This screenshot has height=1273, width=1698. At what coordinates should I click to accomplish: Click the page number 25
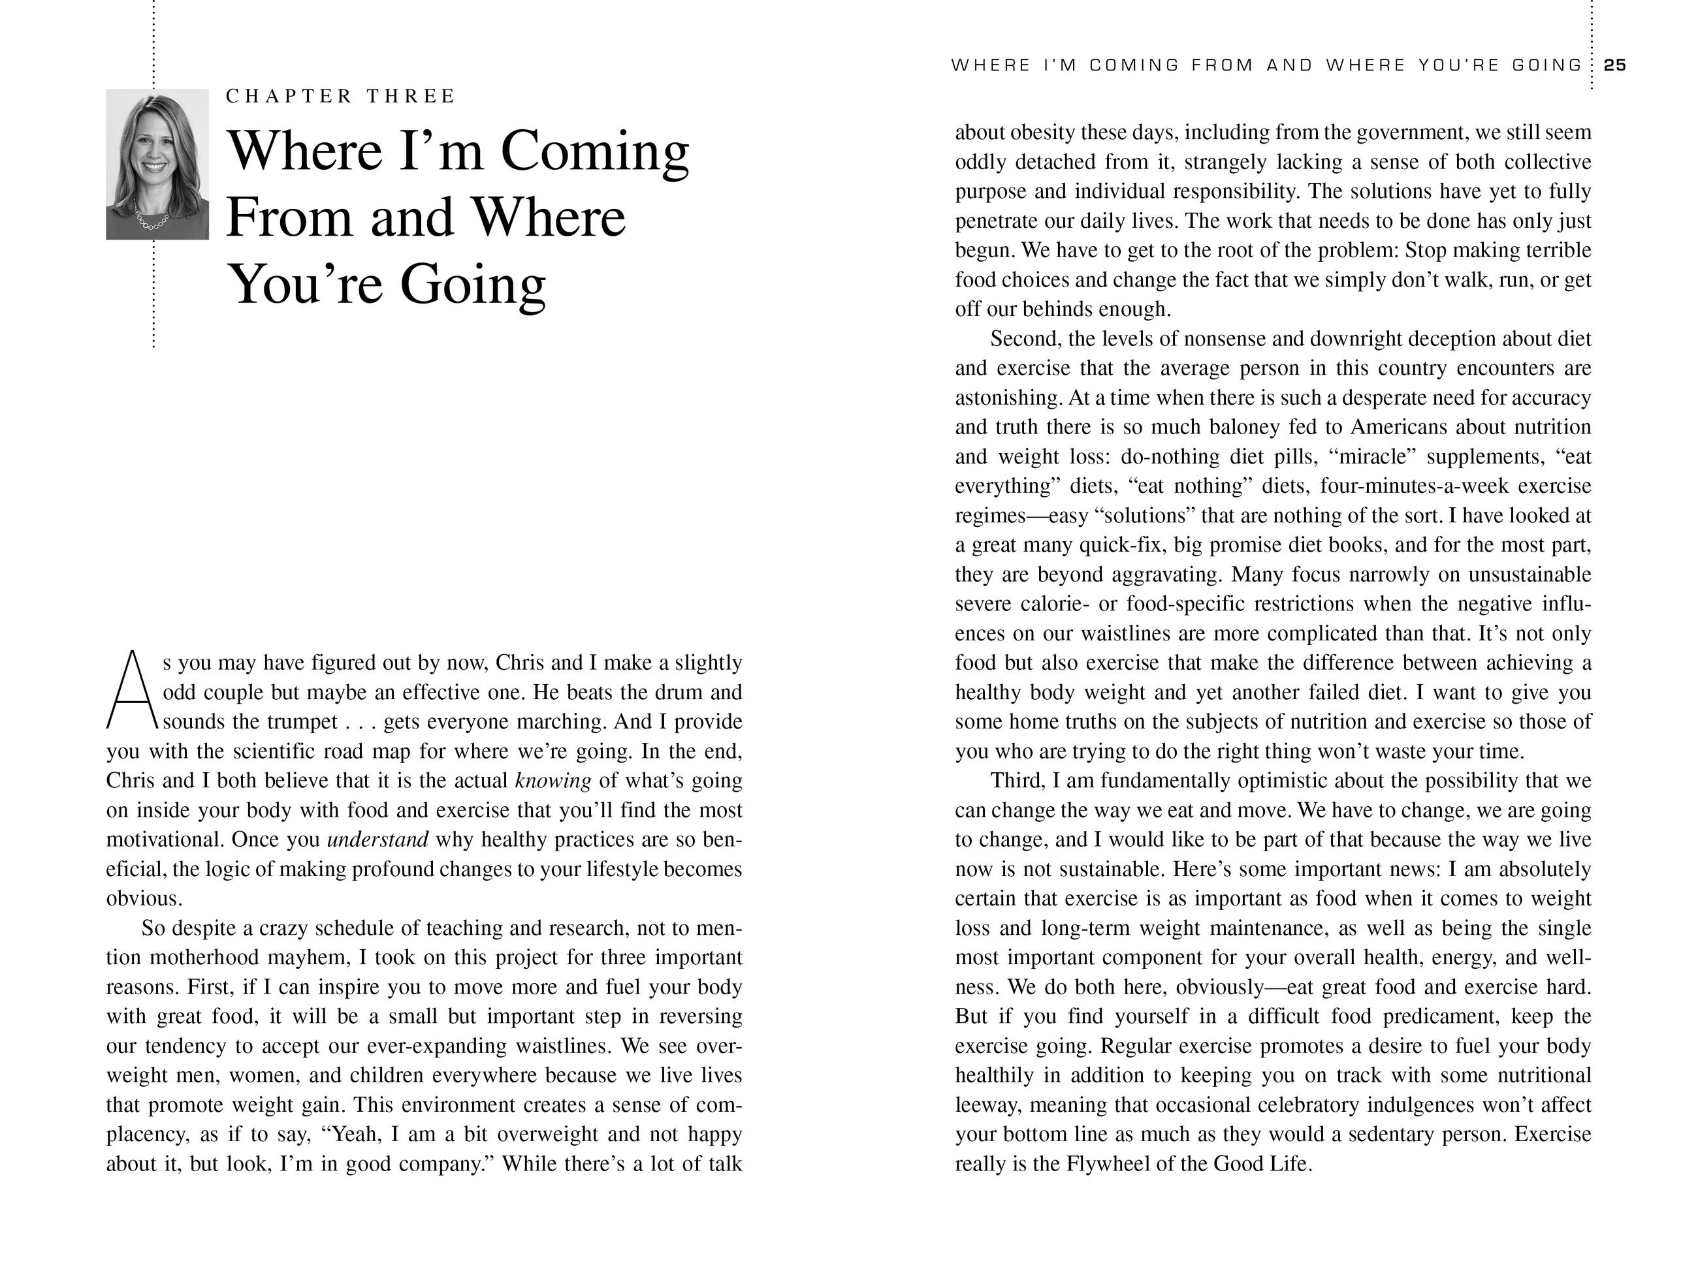click(x=1615, y=65)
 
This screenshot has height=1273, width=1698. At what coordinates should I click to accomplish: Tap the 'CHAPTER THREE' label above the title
click(x=341, y=96)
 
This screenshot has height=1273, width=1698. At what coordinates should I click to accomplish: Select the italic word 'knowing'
click(x=553, y=781)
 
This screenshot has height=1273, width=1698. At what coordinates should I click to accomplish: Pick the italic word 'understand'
click(x=377, y=840)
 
